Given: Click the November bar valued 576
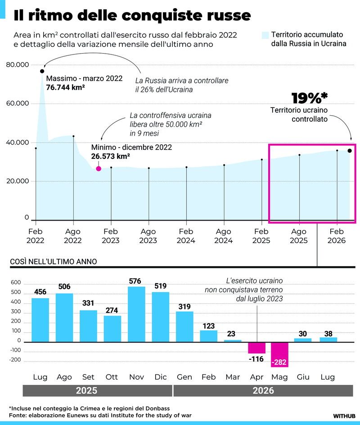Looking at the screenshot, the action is point(136,314).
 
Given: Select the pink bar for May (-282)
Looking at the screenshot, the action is point(279,354).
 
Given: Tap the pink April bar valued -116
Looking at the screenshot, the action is point(257,348).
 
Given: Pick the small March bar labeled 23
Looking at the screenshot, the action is point(233,341).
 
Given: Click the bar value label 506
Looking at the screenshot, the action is point(64,286).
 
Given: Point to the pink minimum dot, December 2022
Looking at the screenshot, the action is point(99,168).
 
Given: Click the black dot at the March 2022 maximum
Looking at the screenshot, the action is point(42,71).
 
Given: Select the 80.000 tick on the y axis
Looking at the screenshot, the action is point(18,64).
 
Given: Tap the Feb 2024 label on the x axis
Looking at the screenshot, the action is point(186,236).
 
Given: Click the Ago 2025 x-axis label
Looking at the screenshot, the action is point(299,236).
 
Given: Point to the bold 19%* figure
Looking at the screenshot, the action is point(309,98).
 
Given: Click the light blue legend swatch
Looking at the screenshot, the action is point(265,35).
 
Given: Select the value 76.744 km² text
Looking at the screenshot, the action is point(66,87).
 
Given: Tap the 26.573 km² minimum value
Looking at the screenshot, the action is point(111,156).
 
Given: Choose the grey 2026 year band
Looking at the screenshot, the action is point(263,391).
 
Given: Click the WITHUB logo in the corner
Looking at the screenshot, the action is point(344,416).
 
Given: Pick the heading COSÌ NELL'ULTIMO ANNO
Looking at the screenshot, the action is point(54,262).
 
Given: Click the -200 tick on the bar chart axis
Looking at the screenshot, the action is point(15,360).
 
